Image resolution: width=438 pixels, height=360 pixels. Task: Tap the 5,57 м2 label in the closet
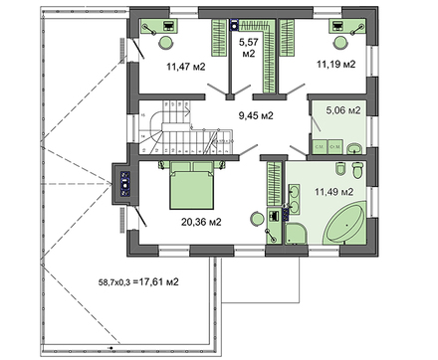247,49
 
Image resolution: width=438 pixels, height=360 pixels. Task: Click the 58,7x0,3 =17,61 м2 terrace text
137,282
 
